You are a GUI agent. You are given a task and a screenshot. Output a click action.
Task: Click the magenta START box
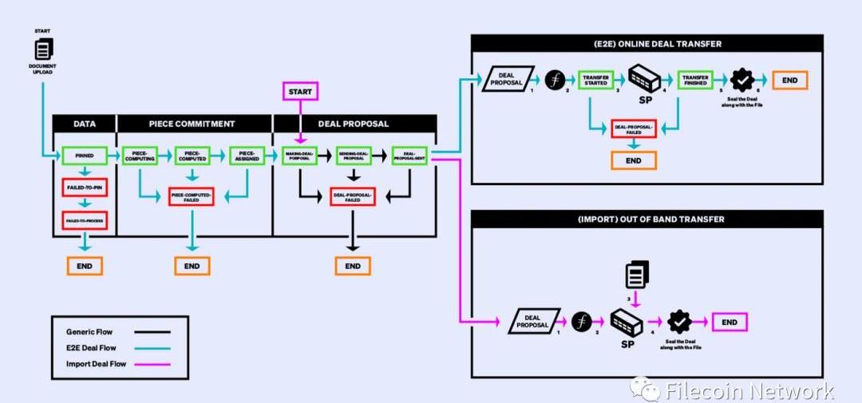[300, 91]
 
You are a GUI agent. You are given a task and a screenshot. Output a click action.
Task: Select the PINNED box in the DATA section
[85, 156]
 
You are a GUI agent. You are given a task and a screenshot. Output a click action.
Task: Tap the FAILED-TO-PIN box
[85, 188]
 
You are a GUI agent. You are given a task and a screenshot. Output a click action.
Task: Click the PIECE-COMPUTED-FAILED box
[192, 196]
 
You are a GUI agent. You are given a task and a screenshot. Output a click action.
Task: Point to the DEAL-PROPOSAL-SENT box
[410, 156]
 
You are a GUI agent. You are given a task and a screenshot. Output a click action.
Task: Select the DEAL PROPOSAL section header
[354, 124]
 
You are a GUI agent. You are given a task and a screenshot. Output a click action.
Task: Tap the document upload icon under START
[44, 49]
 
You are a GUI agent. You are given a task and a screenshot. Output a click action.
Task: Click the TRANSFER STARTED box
[595, 80]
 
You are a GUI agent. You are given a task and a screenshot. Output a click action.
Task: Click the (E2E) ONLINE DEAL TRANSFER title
[646, 44]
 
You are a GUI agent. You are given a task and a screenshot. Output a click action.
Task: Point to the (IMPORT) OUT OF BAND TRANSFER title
[646, 219]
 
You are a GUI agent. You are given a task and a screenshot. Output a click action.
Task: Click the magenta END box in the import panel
[730, 322]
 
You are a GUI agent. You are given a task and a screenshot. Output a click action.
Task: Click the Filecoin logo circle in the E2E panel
[555, 81]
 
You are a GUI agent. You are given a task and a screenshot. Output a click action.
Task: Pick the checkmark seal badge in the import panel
[679, 322]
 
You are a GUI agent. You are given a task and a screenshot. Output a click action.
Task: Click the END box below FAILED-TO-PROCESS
[85, 265]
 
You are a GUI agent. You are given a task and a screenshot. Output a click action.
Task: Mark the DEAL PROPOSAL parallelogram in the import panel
[532, 322]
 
